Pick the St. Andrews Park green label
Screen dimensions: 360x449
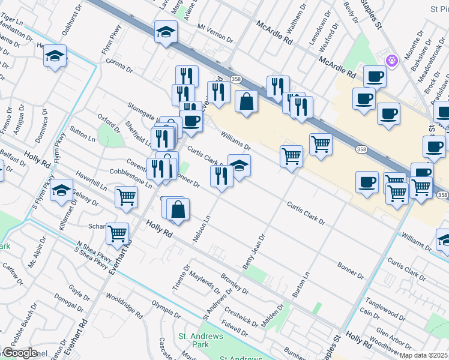[200, 340]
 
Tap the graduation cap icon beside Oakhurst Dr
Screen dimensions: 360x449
[55, 56]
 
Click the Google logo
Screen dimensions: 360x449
[20, 353]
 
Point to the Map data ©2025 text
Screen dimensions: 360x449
[424, 355]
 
